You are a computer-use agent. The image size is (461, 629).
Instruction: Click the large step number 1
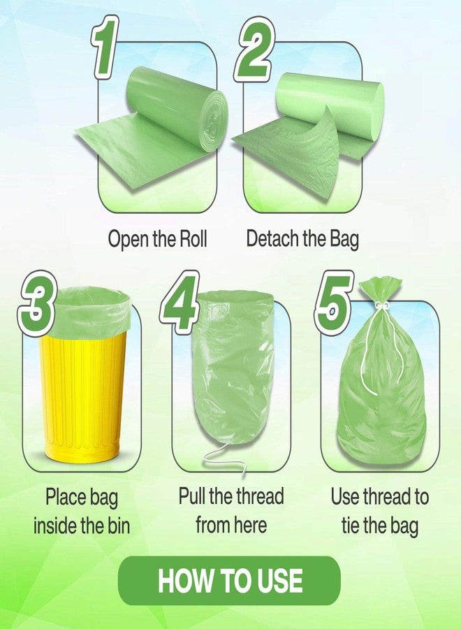105,48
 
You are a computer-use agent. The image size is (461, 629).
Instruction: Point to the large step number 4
180,301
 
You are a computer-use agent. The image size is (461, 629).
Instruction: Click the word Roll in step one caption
193,238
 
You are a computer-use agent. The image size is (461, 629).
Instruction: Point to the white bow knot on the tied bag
382,306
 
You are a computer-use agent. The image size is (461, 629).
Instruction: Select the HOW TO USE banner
229,580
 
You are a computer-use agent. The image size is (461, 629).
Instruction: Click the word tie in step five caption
351,525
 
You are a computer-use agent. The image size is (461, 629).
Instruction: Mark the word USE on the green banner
280,581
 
